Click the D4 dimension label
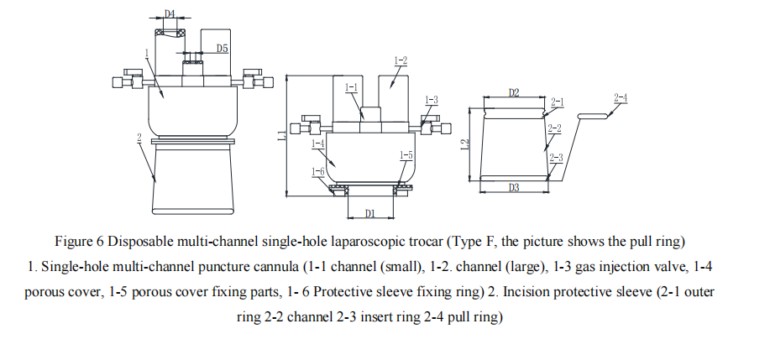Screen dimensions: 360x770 tap(170, 14)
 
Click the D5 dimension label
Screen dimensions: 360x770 tap(222, 49)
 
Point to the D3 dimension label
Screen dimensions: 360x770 tap(514, 188)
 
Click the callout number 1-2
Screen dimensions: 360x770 tap(401, 60)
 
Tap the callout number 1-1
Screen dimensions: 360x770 tap(351, 87)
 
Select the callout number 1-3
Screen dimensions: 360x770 tap(431, 100)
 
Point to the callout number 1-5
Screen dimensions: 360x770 tap(406, 155)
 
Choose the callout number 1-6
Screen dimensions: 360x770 tap(317, 172)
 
